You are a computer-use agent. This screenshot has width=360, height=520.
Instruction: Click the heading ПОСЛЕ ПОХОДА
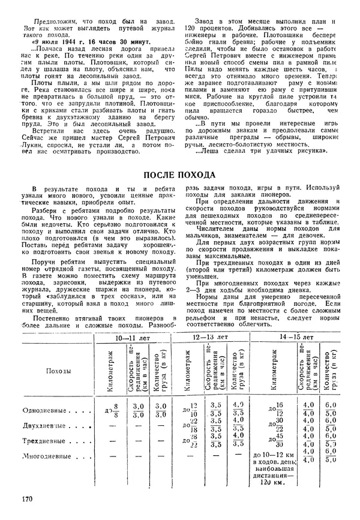click(x=179, y=175)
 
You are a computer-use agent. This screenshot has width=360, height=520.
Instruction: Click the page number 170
click(x=26, y=498)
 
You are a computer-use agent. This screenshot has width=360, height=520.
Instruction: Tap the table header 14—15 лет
click(x=298, y=338)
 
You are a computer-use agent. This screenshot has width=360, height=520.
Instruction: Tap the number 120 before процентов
click(x=188, y=28)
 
